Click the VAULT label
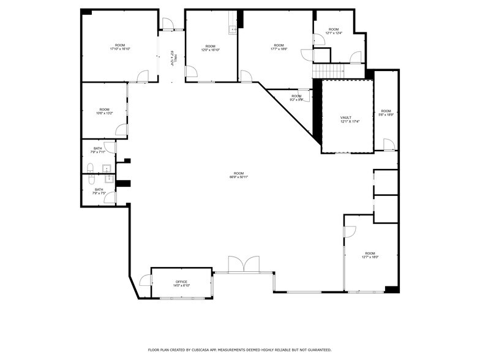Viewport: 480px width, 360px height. click(346, 117)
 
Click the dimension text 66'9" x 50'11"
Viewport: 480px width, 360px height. click(239, 177)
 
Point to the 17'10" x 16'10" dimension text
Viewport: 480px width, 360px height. click(120, 49)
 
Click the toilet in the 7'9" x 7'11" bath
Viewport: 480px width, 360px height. click(90, 167)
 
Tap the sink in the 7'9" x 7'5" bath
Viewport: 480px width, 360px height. click(108, 179)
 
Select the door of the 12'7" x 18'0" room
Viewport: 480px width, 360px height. click(350, 231)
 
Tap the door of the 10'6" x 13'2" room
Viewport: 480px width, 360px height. click(121, 130)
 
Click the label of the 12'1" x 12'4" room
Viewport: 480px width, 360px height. click(333, 29)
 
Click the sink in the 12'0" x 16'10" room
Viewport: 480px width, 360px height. click(232, 30)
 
